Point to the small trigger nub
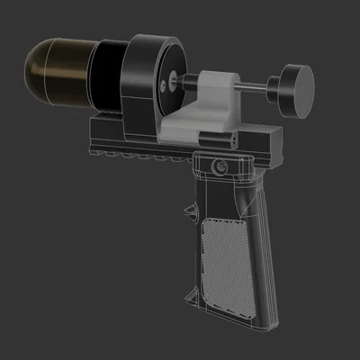192,211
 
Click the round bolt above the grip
219,166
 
